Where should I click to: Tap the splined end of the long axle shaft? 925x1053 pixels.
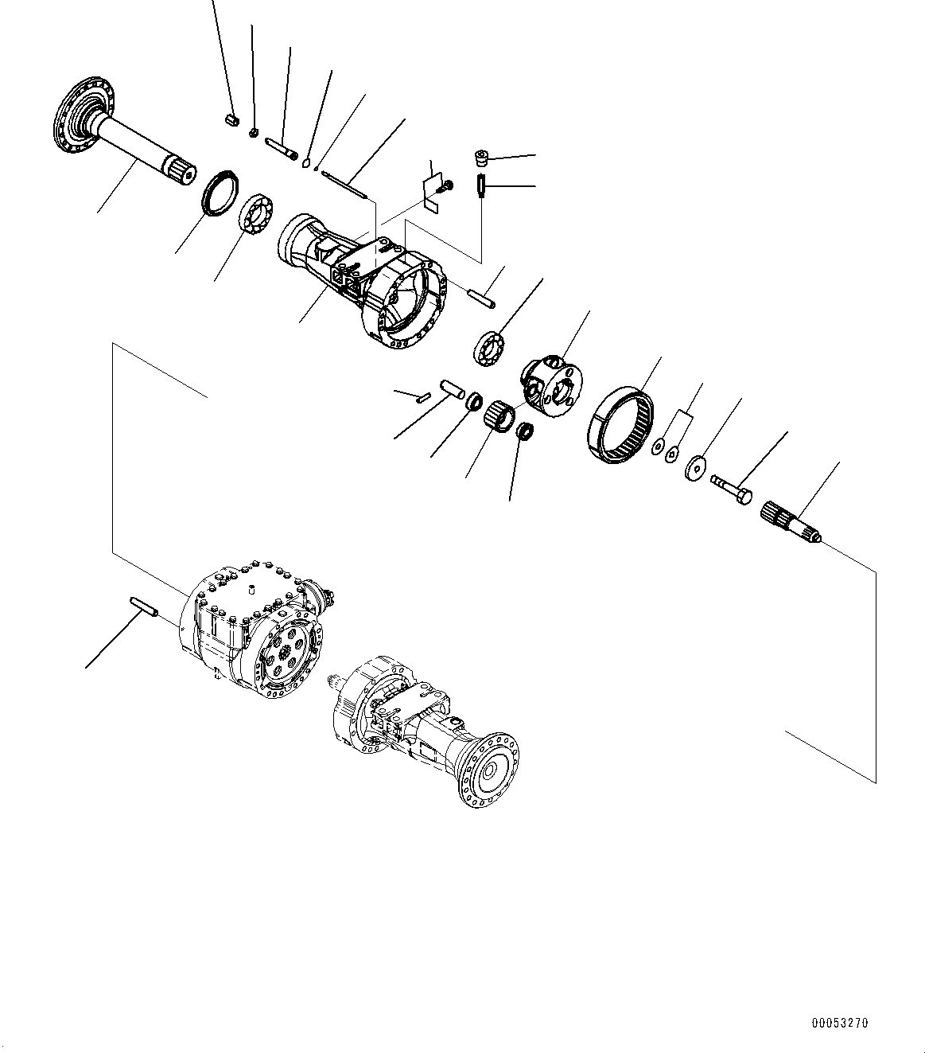(180, 171)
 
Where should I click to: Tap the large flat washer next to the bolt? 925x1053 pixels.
(697, 467)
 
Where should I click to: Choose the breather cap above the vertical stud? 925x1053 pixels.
(480, 157)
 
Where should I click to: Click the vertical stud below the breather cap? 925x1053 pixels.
(480, 188)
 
